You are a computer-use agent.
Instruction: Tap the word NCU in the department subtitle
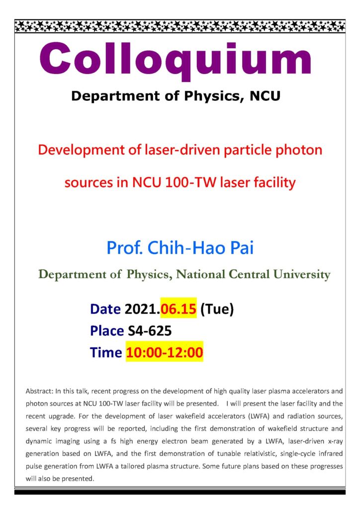(x=265, y=96)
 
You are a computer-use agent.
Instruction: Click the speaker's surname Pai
(x=242, y=248)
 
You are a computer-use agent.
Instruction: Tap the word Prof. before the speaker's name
(x=125, y=248)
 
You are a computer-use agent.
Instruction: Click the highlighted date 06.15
(x=179, y=309)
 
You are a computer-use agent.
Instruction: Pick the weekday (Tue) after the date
(x=217, y=309)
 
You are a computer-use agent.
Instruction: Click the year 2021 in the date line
(x=141, y=309)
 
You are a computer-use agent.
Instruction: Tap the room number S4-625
(x=150, y=331)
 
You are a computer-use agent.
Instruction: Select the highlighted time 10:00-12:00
(x=165, y=352)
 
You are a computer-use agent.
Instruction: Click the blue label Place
(x=107, y=331)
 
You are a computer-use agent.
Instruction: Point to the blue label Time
(x=106, y=352)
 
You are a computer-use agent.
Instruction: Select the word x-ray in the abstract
(x=335, y=441)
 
